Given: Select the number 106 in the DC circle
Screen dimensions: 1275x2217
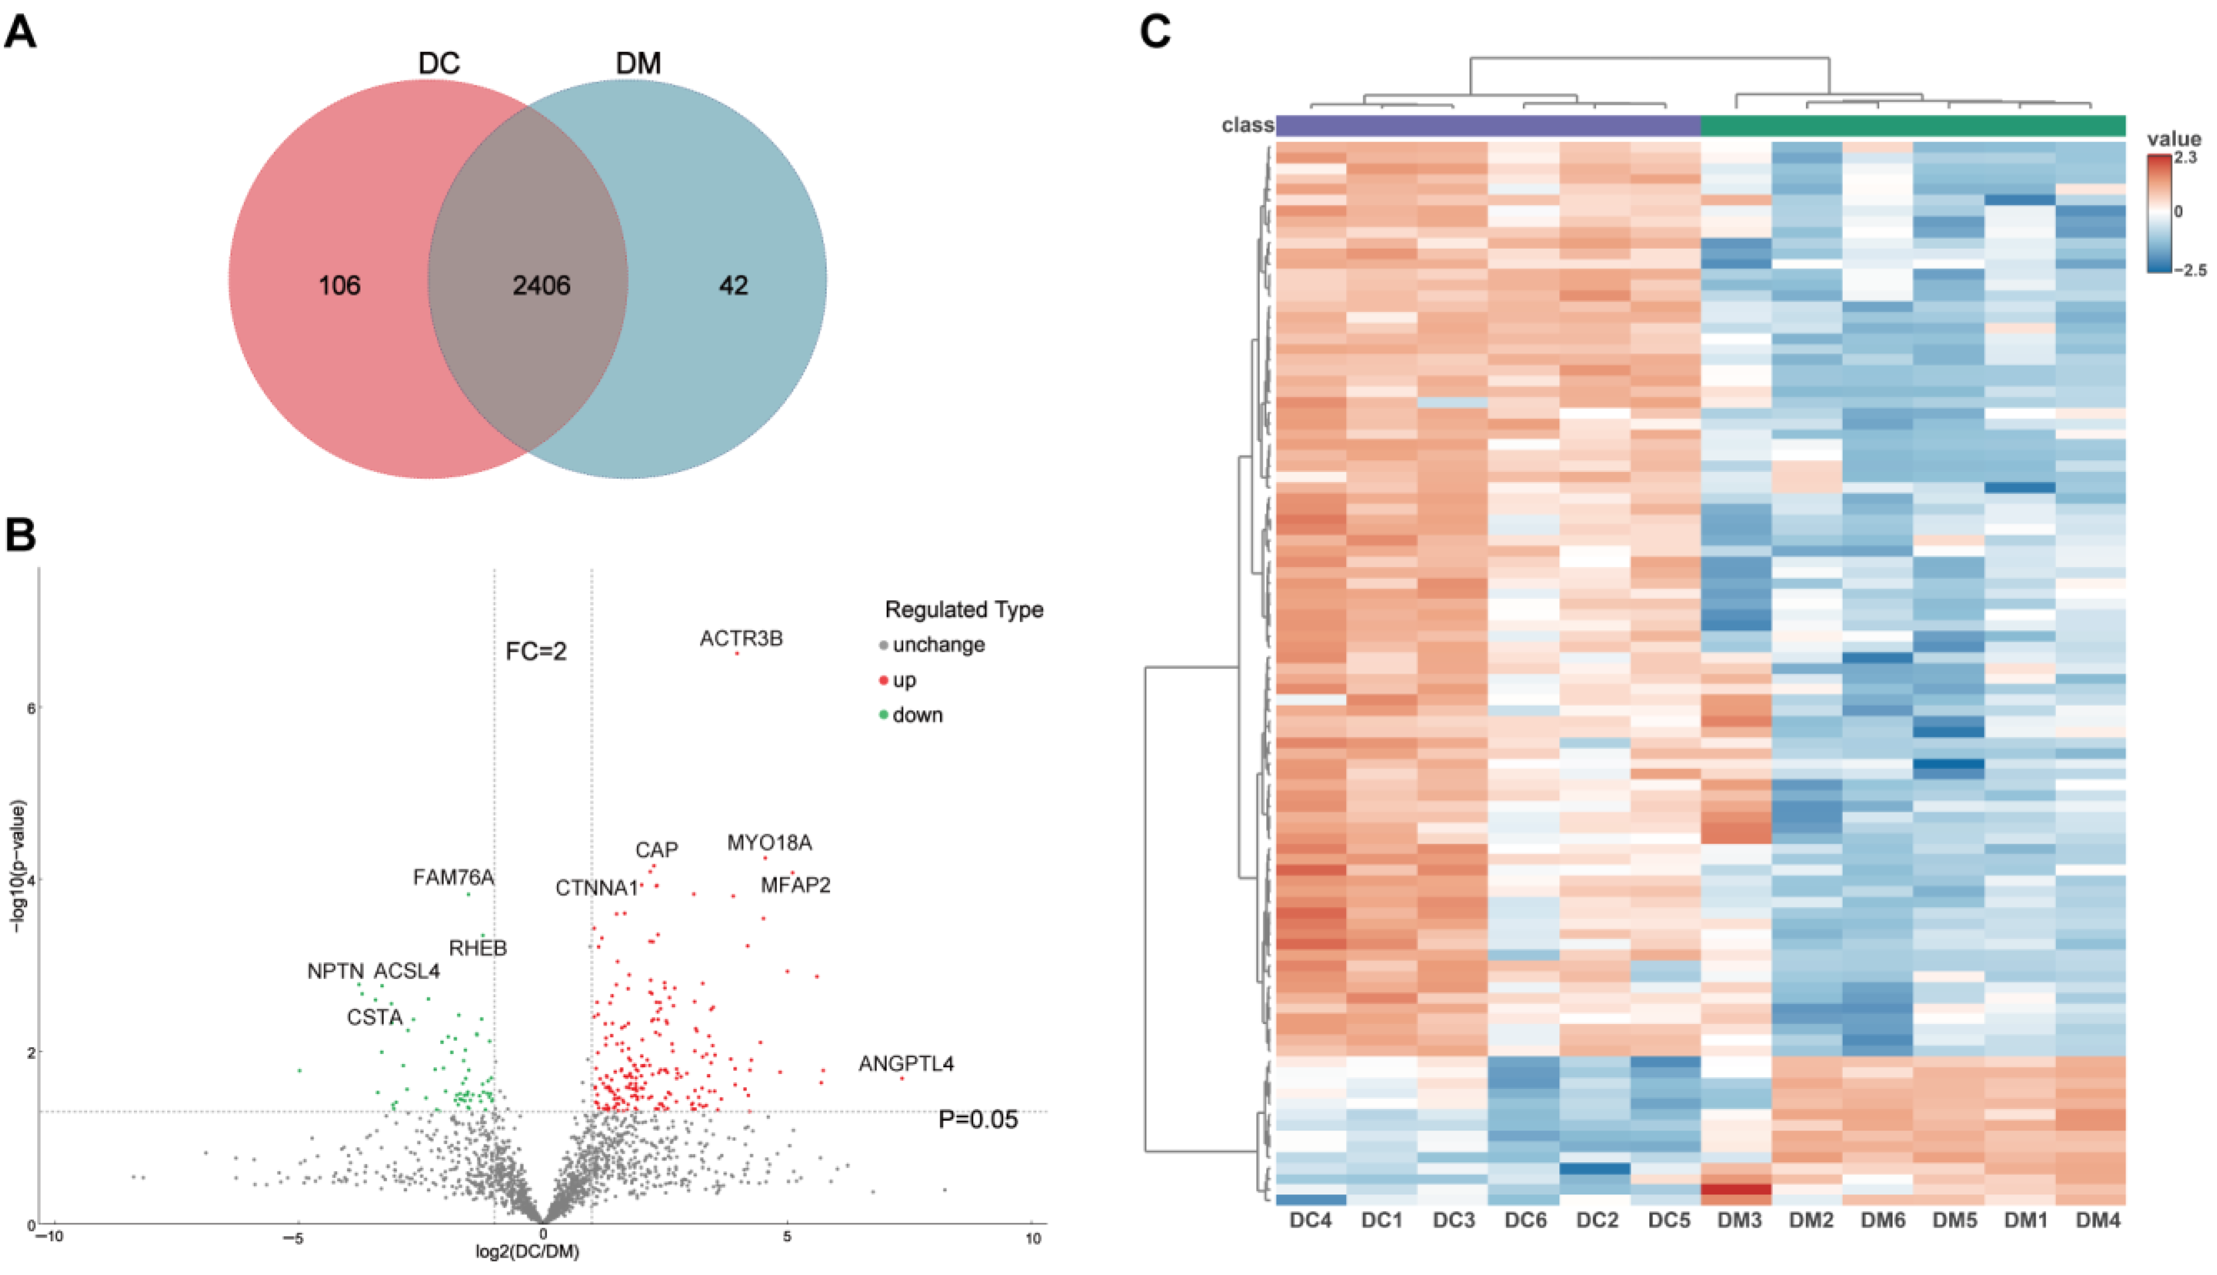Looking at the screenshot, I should pyautogui.click(x=340, y=285).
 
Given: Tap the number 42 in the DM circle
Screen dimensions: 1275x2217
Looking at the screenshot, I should pyautogui.click(x=733, y=285).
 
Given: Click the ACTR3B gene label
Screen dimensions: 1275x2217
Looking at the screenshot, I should pyautogui.click(x=740, y=639).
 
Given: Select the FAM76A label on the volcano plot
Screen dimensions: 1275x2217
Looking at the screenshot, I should pyautogui.click(x=454, y=876).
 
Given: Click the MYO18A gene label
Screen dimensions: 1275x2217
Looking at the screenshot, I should pyautogui.click(x=769, y=842).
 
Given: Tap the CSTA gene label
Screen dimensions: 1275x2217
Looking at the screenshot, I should pyautogui.click(x=375, y=1017).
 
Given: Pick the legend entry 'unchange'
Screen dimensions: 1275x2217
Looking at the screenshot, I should pyautogui.click(x=938, y=645).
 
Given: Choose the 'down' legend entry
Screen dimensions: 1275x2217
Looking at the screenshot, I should pyautogui.click(x=917, y=715).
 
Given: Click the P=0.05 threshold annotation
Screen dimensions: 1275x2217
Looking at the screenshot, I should pyautogui.click(x=978, y=1119).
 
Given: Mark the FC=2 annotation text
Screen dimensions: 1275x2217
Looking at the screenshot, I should pyautogui.click(x=536, y=651).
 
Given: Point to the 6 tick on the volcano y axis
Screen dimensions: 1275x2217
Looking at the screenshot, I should pyautogui.click(x=32, y=707).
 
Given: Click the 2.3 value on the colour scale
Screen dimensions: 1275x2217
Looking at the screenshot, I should pyautogui.click(x=2185, y=158).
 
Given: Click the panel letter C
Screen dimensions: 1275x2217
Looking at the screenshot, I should pyautogui.click(x=1155, y=32).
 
